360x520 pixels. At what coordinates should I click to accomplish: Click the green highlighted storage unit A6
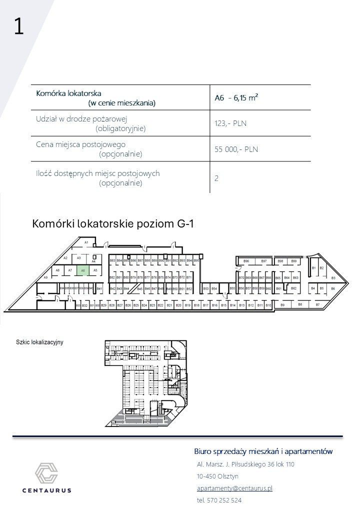pyautogui.click(x=83, y=270)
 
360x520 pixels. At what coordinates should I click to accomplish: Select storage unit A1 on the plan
pyautogui.click(x=86, y=242)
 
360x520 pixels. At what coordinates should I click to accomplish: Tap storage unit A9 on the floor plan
pyautogui.click(x=45, y=277)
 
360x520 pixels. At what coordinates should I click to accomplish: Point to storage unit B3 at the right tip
pyautogui.click(x=333, y=277)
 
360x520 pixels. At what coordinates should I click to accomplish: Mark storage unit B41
pyautogui.click(x=99, y=289)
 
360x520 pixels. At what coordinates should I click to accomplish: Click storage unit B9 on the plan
pyautogui.click(x=282, y=304)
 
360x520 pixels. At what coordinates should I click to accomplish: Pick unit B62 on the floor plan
pyautogui.click(x=294, y=288)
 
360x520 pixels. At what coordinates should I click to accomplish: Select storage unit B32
pyautogui.click(x=84, y=305)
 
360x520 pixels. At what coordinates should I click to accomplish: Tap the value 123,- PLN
pyautogui.click(x=230, y=123)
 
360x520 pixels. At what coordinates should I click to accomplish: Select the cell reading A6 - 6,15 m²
pyautogui.click(x=236, y=98)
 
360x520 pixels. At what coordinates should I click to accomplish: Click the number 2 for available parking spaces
pyautogui.click(x=216, y=177)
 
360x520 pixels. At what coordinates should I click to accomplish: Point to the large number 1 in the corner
pyautogui.click(x=19, y=26)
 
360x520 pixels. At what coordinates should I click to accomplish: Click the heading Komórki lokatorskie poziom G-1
pyautogui.click(x=112, y=223)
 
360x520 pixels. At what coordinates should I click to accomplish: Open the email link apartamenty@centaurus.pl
pyautogui.click(x=234, y=488)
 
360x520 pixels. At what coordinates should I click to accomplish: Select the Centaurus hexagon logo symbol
pyautogui.click(x=46, y=473)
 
